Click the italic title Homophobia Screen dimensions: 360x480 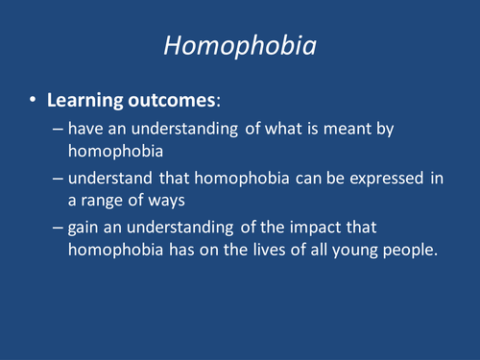pos(240,46)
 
